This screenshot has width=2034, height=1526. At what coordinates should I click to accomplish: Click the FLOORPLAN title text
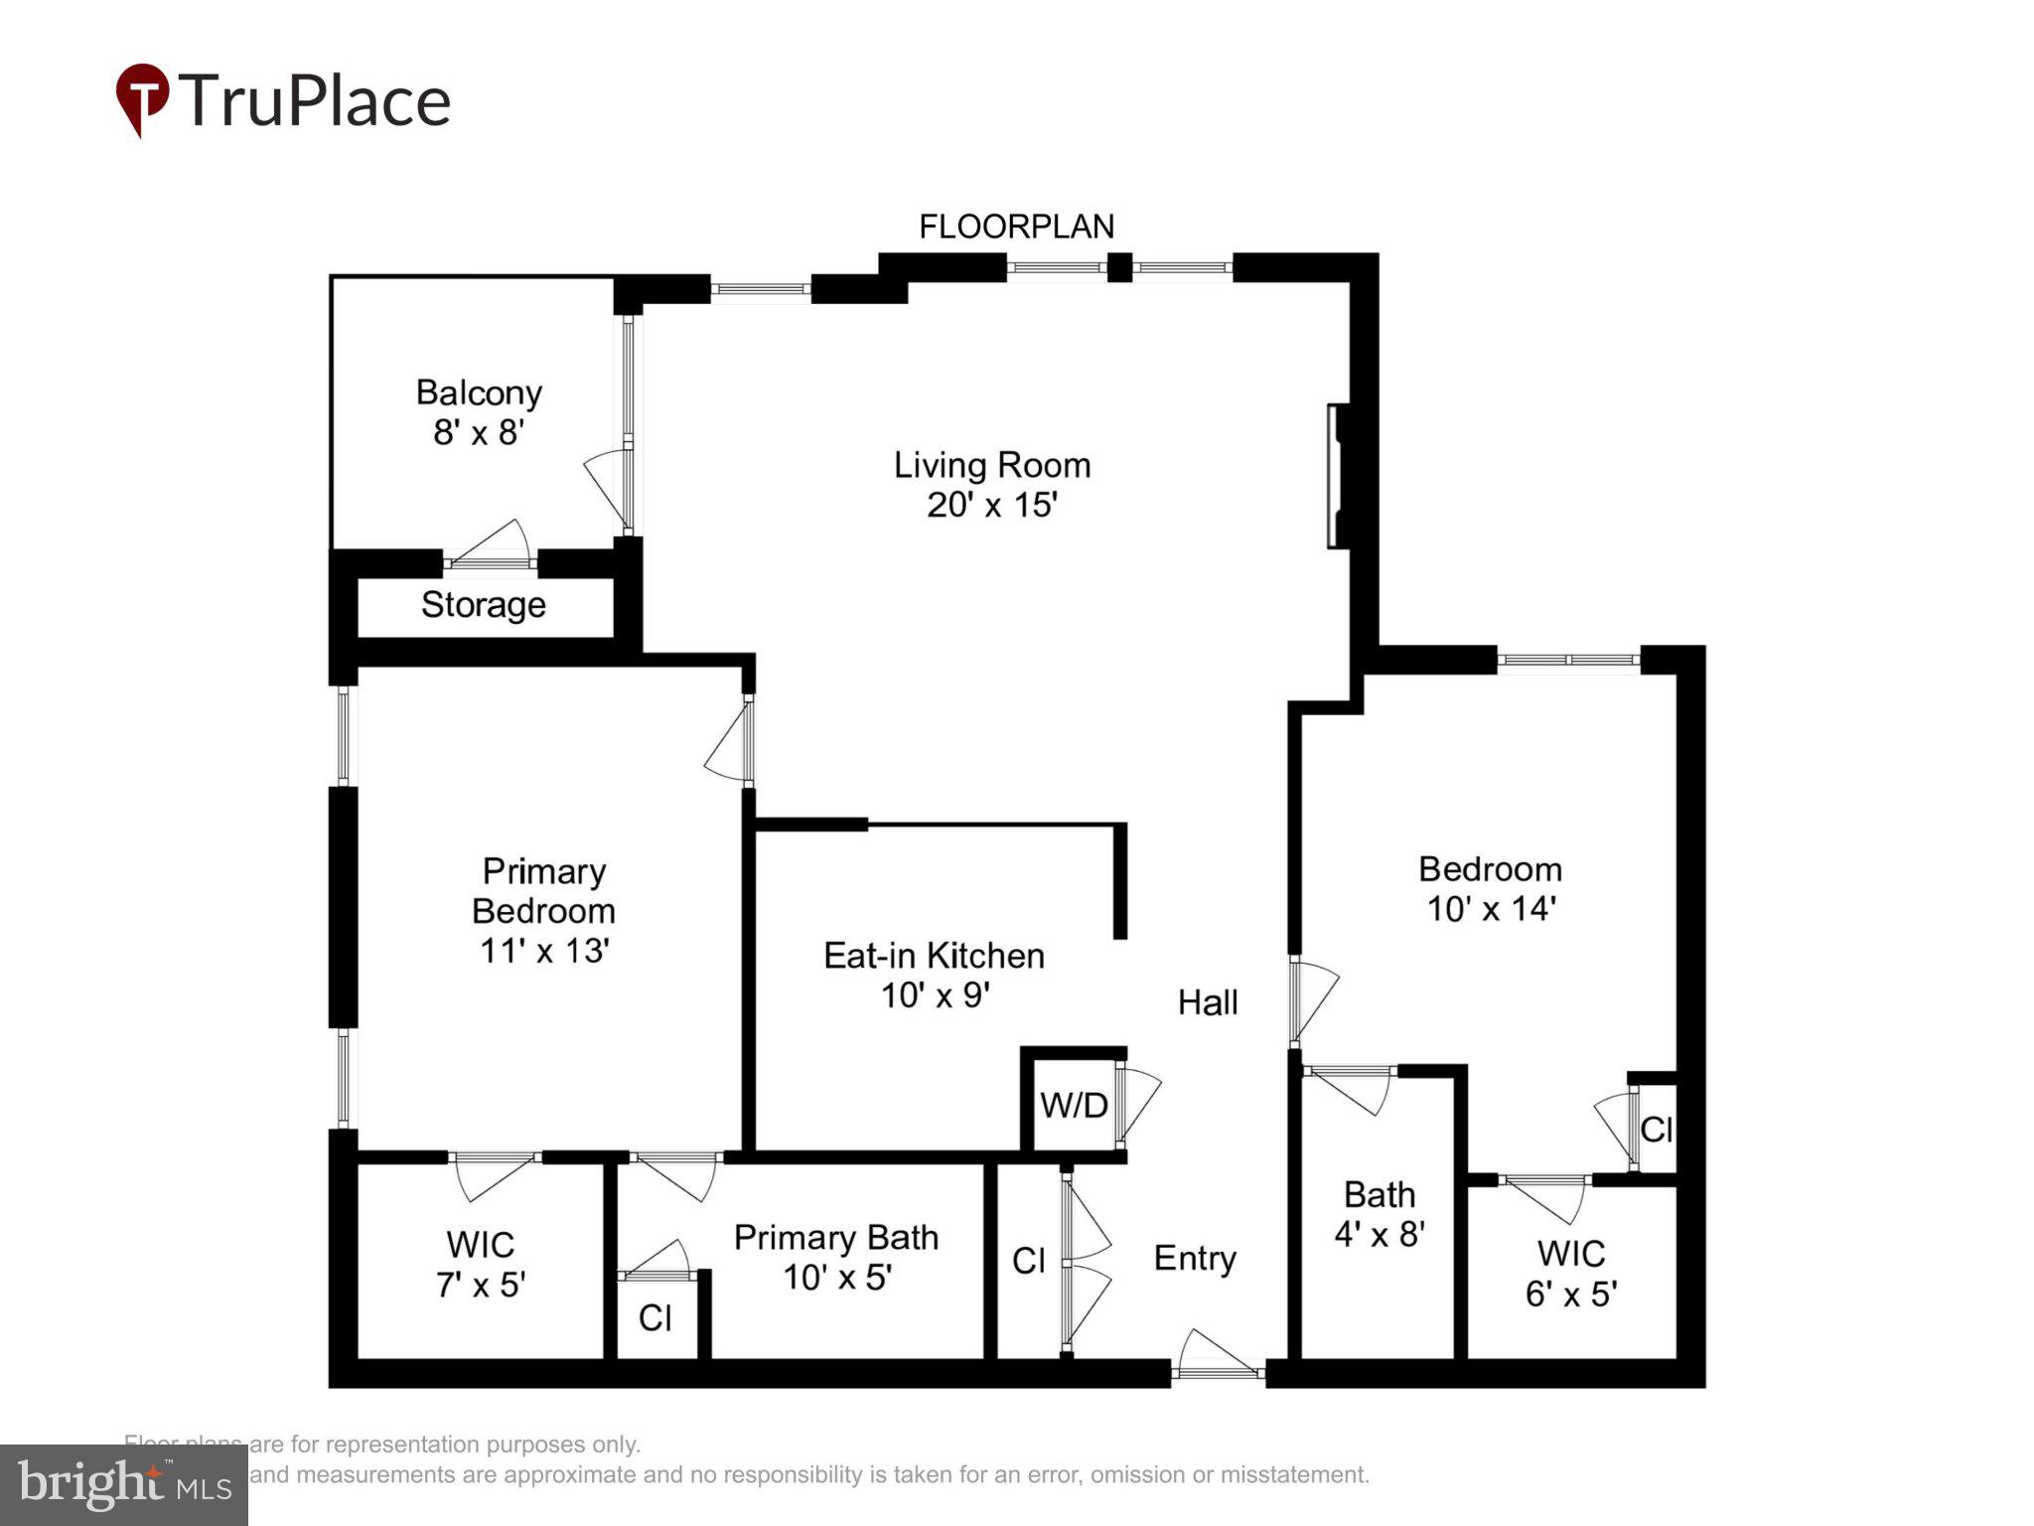coord(1016,227)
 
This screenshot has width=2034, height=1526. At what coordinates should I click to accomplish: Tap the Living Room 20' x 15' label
coord(991,485)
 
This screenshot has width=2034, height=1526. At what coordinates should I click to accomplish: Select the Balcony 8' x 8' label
coord(479,412)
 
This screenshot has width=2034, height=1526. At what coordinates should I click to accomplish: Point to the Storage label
coord(483,604)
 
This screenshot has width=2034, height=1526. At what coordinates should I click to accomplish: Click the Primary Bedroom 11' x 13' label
coord(543,910)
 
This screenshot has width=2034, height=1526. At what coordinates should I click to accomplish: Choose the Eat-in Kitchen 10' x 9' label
coord(934,975)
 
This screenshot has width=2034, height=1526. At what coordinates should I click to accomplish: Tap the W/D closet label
coord(1074,1105)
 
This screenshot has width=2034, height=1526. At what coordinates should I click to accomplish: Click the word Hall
coord(1207,1002)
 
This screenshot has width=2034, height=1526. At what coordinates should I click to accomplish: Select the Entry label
coord(1195,1258)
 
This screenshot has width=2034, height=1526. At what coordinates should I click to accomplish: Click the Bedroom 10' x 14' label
coord(1490,888)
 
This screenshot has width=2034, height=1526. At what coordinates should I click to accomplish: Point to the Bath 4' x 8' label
coord(1380,1214)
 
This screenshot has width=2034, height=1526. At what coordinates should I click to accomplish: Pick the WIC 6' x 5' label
coord(1570,1274)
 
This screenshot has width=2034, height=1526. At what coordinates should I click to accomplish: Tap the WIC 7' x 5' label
coord(480,1264)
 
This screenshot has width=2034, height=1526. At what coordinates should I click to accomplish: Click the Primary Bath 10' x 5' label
coord(836,1257)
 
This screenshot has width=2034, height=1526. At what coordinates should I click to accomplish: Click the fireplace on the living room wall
coord(1337,475)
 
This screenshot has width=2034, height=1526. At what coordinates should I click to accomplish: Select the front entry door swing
coord(1219,1353)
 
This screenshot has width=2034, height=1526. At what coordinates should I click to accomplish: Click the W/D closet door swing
coord(1140,1103)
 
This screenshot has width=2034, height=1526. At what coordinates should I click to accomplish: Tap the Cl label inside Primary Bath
coord(654,1318)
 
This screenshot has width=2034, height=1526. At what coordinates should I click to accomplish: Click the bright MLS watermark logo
coord(123,1485)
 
